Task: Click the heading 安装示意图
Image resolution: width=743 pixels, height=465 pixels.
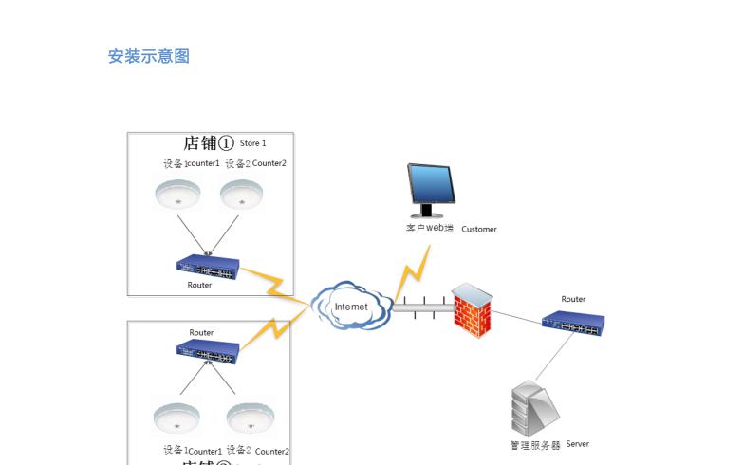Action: tap(149, 56)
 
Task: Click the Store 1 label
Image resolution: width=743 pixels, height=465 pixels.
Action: tap(252, 143)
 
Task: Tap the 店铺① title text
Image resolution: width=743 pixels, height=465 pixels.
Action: tap(208, 143)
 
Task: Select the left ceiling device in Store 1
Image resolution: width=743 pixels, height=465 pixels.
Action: tap(177, 194)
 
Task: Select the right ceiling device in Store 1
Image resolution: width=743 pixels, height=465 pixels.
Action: tap(242, 194)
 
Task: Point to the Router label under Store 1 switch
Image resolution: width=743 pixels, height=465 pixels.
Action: tap(199, 285)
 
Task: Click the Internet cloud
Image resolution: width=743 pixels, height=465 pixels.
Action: tap(351, 306)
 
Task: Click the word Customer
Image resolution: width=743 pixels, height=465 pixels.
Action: tap(479, 229)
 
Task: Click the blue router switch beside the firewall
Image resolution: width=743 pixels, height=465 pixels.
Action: tap(573, 321)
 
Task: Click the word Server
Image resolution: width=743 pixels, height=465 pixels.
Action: tap(577, 444)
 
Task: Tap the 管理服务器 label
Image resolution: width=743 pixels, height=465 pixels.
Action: tap(535, 445)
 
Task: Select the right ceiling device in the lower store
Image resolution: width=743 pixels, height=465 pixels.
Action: tap(250, 418)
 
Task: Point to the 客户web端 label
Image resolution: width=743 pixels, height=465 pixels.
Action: tap(429, 229)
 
